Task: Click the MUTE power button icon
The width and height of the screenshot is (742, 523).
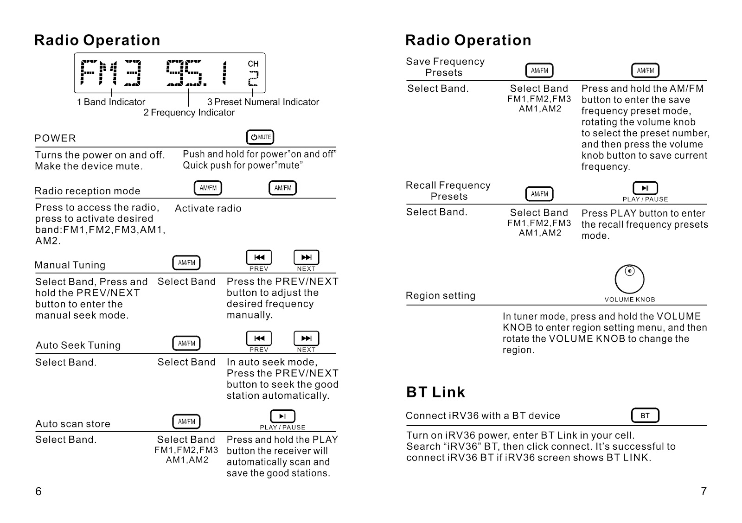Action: [x=260, y=137]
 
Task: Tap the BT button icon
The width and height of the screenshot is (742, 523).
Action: [x=645, y=415]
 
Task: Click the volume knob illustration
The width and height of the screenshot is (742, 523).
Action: [x=629, y=279]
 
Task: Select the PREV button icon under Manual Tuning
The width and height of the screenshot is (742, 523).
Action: [x=259, y=257]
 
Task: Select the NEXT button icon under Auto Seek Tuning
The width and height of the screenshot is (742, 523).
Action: [x=306, y=338]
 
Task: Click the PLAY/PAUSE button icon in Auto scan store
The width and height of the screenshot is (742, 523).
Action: [x=282, y=416]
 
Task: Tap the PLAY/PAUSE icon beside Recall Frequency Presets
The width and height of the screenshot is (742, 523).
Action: [x=645, y=188]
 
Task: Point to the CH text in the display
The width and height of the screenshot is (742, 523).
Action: [x=253, y=64]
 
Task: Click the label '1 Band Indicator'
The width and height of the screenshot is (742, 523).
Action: [x=111, y=102]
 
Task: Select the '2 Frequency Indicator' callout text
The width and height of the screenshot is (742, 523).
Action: [x=189, y=113]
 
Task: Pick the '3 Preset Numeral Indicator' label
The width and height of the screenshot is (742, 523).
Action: [x=263, y=102]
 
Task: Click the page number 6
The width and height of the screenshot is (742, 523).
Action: [x=38, y=491]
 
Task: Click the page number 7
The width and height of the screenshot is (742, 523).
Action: [x=704, y=491]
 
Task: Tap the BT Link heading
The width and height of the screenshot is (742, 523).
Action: [x=435, y=392]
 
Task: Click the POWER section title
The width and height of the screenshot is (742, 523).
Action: [x=55, y=138]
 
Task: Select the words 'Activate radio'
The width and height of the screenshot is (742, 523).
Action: [x=208, y=209]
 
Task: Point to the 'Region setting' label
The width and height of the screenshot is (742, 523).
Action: [x=441, y=296]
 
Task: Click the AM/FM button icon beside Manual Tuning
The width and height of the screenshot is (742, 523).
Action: [x=186, y=263]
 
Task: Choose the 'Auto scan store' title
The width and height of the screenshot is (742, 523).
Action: [x=73, y=424]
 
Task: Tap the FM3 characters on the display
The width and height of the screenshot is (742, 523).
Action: [x=111, y=73]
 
